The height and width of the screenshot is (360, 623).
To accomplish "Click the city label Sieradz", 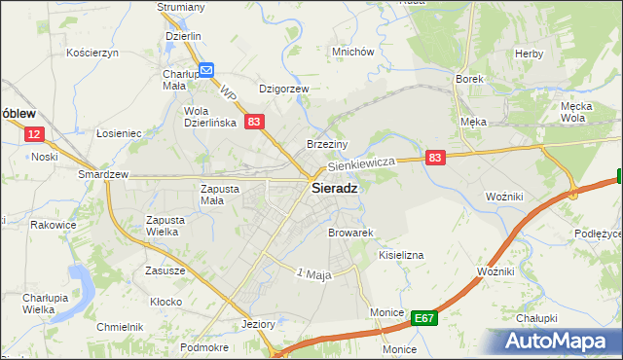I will (333, 189).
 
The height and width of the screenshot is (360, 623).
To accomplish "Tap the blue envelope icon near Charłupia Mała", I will (206, 70).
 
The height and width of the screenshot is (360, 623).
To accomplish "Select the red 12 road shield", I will (34, 135).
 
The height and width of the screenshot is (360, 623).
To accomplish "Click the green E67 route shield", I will (422, 317).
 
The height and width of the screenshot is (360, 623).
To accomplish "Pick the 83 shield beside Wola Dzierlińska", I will (253, 122).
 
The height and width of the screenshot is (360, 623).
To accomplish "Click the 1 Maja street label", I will (314, 274).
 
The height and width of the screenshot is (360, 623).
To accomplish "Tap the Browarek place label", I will (351, 234).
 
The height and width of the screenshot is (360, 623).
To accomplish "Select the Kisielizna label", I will (401, 254).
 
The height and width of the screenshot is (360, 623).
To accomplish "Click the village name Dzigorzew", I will (283, 89).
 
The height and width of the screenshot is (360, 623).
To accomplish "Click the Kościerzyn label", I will (92, 53).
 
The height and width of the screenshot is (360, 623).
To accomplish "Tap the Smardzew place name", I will (104, 175).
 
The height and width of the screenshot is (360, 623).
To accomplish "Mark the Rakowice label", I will (54, 225).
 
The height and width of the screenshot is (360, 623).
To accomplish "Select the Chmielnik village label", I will (120, 327).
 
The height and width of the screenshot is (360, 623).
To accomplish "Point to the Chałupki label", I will (536, 318).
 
